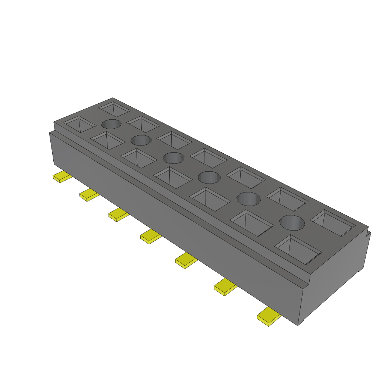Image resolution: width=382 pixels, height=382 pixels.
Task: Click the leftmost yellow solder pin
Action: click(x=62, y=177)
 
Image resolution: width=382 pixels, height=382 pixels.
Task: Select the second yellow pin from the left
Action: click(x=89, y=195)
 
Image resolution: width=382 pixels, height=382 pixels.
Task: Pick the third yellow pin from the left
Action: click(x=119, y=215)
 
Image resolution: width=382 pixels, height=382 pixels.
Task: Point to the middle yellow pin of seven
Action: click(x=151, y=237)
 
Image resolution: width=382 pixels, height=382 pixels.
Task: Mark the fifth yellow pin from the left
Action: click(x=186, y=260)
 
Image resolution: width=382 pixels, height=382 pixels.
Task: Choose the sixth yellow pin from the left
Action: click(x=225, y=286)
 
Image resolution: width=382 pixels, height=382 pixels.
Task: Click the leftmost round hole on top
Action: click(x=112, y=124)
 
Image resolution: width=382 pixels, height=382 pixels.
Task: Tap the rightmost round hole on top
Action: click(x=292, y=223)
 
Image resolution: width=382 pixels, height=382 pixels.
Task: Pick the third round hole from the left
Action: click(x=173, y=157)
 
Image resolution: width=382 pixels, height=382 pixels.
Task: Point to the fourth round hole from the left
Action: click(x=210, y=177)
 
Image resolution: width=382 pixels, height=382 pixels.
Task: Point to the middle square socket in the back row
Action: click(x=209, y=158)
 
